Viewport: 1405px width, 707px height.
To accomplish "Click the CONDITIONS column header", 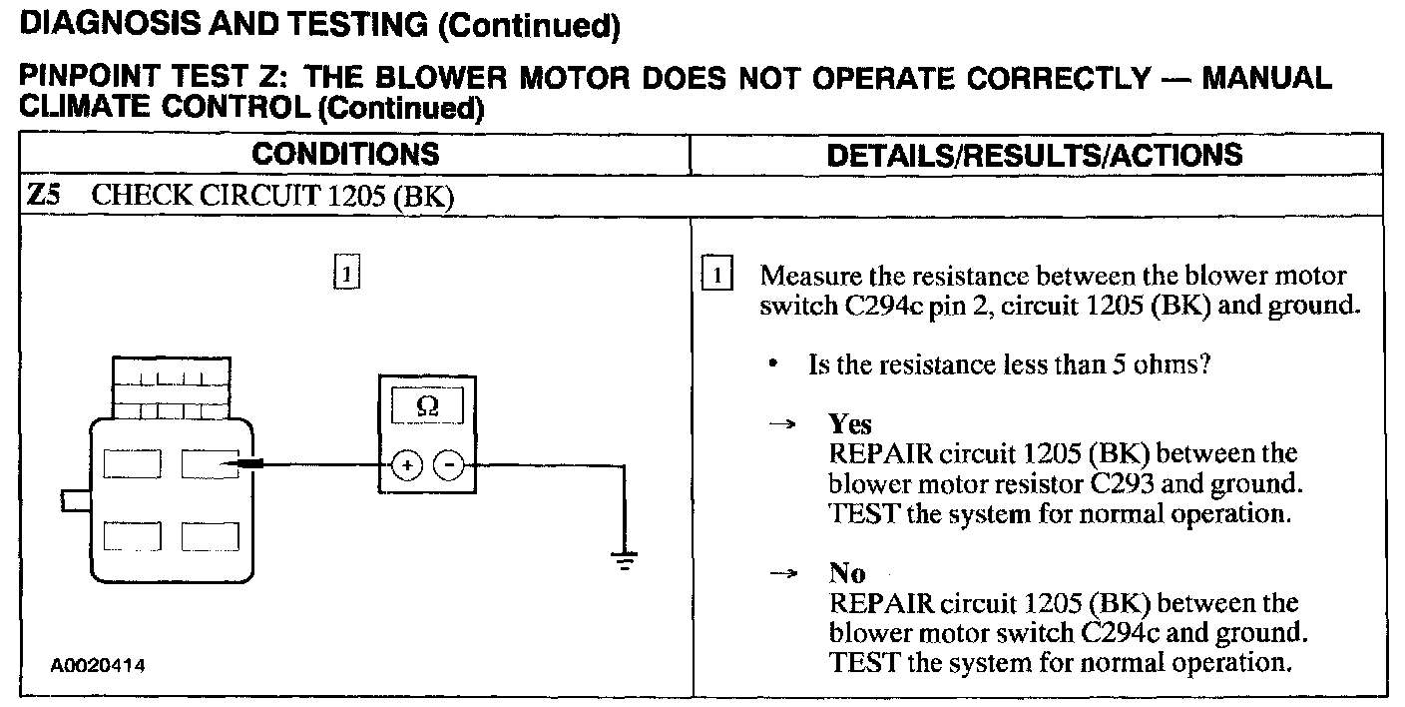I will click(x=345, y=154).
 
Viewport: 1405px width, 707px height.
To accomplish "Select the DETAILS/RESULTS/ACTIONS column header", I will click(x=1036, y=154).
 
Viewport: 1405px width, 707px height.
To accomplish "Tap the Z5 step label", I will click(x=41, y=195).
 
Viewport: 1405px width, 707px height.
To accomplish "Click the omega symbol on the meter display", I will click(x=426, y=406).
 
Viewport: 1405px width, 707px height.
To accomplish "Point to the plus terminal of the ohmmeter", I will click(x=407, y=464).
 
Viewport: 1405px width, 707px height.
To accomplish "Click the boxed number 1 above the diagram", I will click(x=344, y=272).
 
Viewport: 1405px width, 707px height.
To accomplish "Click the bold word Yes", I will click(x=850, y=423).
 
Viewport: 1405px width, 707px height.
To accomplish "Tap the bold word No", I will click(x=847, y=573).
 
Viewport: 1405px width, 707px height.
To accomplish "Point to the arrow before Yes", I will click(x=783, y=424).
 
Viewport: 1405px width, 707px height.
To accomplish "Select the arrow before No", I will click(x=783, y=574).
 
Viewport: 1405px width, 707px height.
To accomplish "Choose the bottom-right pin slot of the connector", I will click(x=210, y=536).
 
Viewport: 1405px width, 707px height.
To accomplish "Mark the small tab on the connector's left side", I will click(x=75, y=499).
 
